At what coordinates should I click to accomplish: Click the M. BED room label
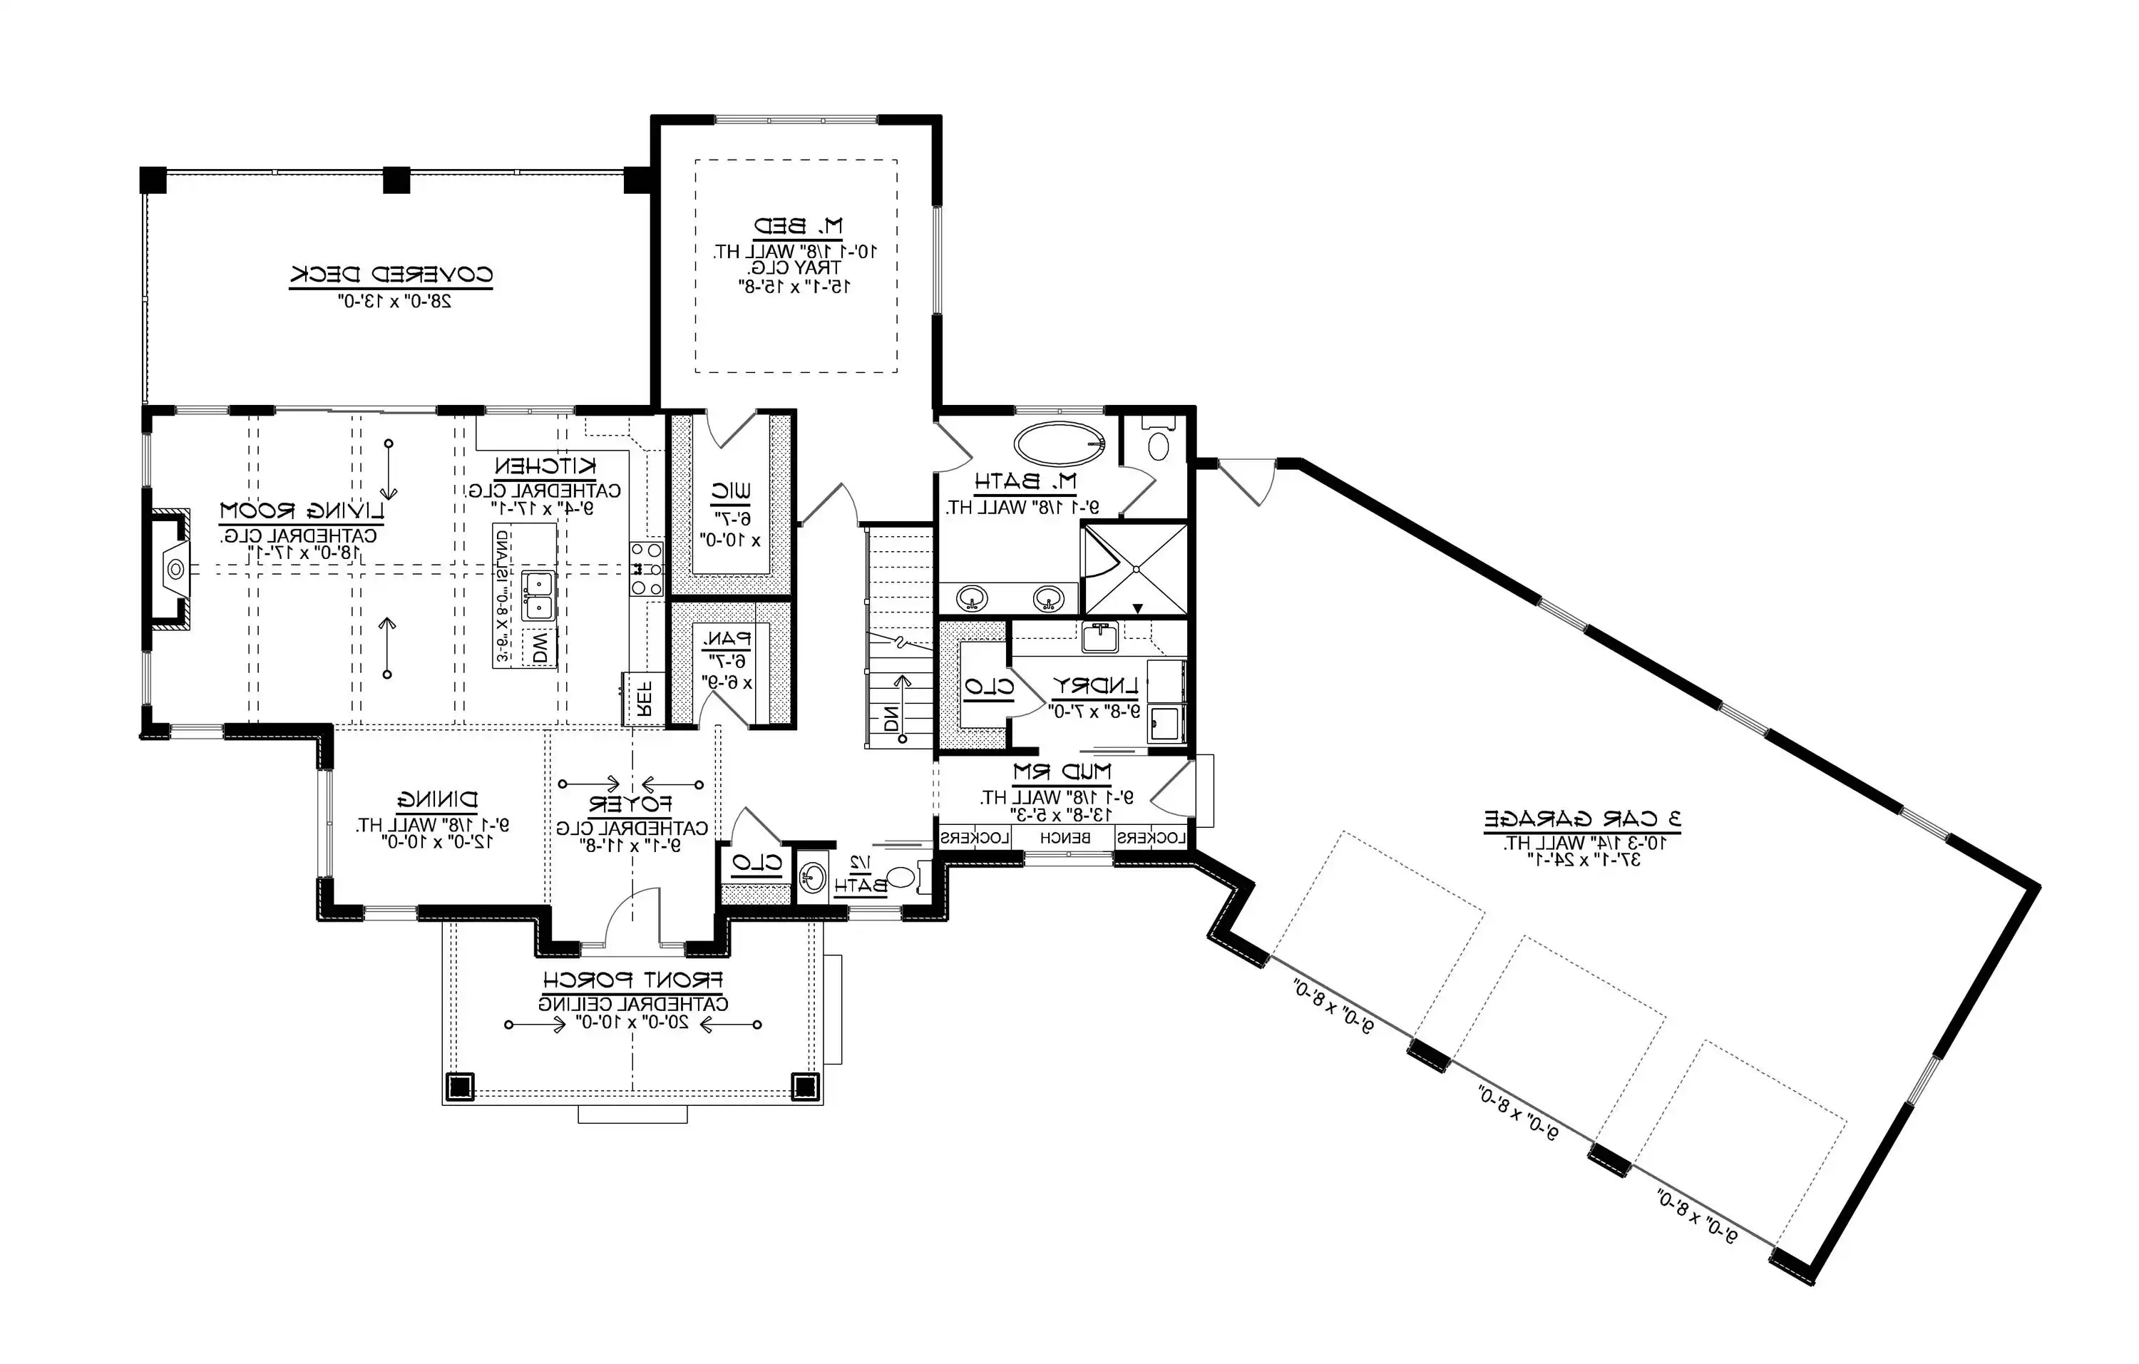pyautogui.click(x=798, y=227)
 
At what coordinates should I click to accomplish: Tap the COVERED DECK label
pyautogui.click(x=391, y=275)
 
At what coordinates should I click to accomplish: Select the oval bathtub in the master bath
pyautogui.click(x=1059, y=445)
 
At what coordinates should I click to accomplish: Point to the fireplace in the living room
pyautogui.click(x=171, y=568)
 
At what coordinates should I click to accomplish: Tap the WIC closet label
pyautogui.click(x=731, y=491)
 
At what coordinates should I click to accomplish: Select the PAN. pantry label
pyautogui.click(x=727, y=638)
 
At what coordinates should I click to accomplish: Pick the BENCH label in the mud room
pyautogui.click(x=1065, y=837)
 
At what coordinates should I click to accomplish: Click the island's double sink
pyautogui.click(x=538, y=594)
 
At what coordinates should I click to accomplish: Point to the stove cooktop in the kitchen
pyautogui.click(x=647, y=569)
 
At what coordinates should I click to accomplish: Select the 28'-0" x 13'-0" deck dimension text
pyautogui.click(x=396, y=301)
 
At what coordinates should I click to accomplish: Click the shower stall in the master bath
pyautogui.click(x=1135, y=569)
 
